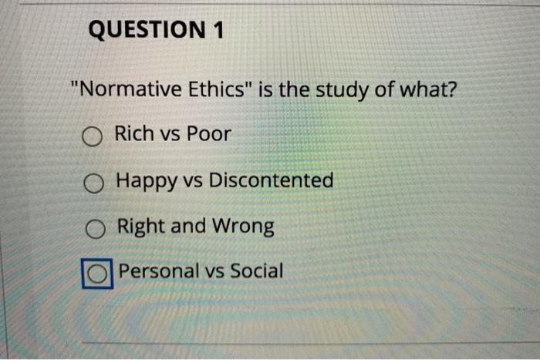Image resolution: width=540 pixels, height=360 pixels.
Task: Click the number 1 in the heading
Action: click(217, 31)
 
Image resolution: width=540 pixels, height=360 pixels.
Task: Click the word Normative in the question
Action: click(130, 90)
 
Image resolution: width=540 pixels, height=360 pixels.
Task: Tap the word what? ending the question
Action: click(426, 90)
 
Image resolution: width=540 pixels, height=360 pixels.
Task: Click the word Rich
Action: click(133, 134)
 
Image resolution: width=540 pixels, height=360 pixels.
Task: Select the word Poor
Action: click(209, 134)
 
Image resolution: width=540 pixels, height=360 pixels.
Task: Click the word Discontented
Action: click(272, 180)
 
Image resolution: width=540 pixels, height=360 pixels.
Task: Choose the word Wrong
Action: click(244, 227)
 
